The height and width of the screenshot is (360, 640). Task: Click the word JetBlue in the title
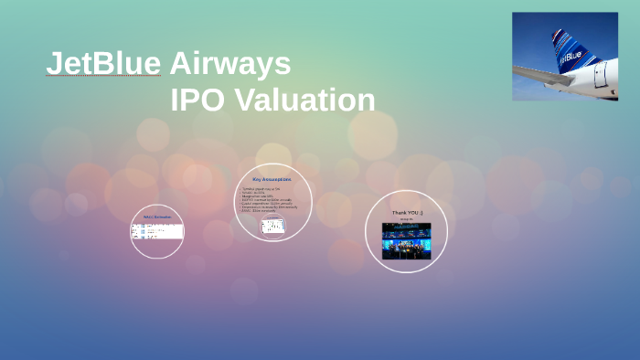point(103,63)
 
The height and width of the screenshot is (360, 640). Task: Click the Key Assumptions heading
point(273,179)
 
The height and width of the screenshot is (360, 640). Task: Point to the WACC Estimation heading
point(156,216)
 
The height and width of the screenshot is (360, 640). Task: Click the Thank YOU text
point(407,212)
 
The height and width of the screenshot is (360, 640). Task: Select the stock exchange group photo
point(407,241)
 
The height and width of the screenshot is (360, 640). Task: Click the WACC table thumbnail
point(156,232)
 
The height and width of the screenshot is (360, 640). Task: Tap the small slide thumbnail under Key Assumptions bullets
point(272,226)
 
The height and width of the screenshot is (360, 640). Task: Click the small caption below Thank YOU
point(407,220)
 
